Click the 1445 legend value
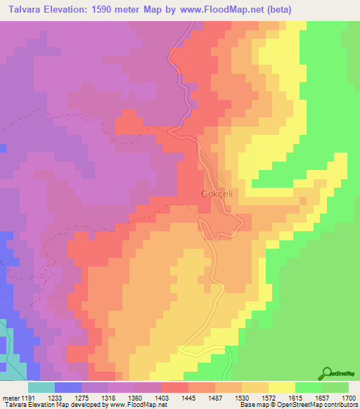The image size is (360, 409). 201,398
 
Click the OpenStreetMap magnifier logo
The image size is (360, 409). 326,373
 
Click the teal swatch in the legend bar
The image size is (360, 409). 41,387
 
